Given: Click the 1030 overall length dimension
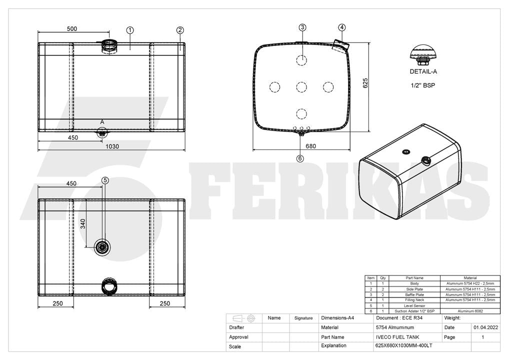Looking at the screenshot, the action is tap(112, 146).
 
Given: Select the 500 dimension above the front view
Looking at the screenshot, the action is tap(72, 28).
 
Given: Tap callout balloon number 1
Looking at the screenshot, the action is tap(130, 30).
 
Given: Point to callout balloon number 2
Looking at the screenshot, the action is tap(180, 30).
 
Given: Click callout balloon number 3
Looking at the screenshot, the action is tap(302, 27).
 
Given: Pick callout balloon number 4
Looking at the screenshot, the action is tap(342, 27).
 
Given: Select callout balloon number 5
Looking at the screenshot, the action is tap(105, 180).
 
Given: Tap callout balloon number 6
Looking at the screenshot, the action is tap(300, 158).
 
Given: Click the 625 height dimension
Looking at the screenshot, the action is tap(365, 83).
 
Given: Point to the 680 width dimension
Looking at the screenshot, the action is tap(310, 146).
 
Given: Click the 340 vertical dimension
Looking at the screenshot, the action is tap(83, 223).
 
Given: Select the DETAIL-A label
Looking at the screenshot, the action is tap(423, 71).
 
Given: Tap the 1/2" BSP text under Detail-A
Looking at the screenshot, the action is tap(423, 85).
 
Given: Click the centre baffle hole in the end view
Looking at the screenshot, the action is tap(301, 87).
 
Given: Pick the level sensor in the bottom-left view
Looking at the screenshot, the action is tap(102, 247).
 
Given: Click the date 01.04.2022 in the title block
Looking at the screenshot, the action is tap(485, 327).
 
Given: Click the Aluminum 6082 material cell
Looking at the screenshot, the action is tap(470, 311).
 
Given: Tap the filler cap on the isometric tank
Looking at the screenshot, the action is tap(425, 160).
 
